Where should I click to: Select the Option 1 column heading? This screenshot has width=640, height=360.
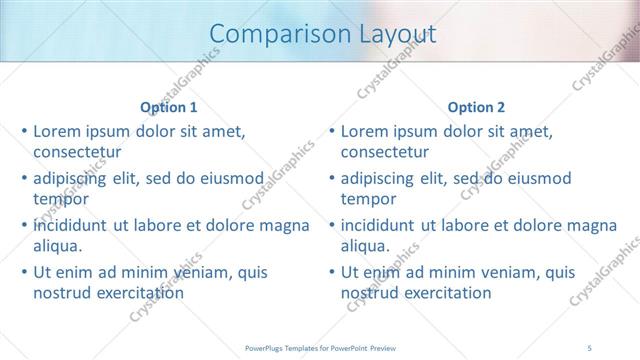169,108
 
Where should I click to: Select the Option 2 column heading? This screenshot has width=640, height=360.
476,108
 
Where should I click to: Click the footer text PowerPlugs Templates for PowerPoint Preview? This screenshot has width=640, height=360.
320,348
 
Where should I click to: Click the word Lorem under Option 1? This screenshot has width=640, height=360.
57,131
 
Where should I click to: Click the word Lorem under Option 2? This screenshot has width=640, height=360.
364,131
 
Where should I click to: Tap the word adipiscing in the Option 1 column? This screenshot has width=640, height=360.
73,178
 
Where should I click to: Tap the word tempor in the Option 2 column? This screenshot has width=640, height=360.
368,199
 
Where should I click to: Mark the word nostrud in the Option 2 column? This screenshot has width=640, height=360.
368,293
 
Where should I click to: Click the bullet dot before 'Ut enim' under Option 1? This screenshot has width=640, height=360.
25,272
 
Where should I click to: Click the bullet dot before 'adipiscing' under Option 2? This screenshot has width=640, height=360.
332,178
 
